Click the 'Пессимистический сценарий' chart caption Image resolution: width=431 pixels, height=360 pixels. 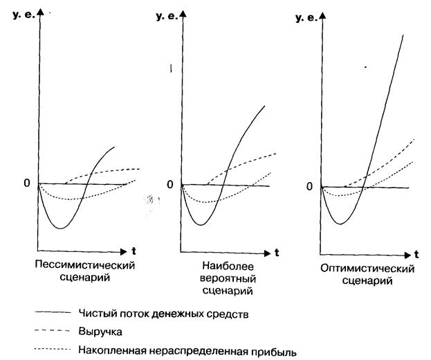84,271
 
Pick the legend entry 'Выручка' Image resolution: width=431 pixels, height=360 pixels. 99,332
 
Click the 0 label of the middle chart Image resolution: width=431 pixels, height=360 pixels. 170,184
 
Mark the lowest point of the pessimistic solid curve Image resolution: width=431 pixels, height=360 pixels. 61,228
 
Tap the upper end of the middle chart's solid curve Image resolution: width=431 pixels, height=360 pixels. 265,106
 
